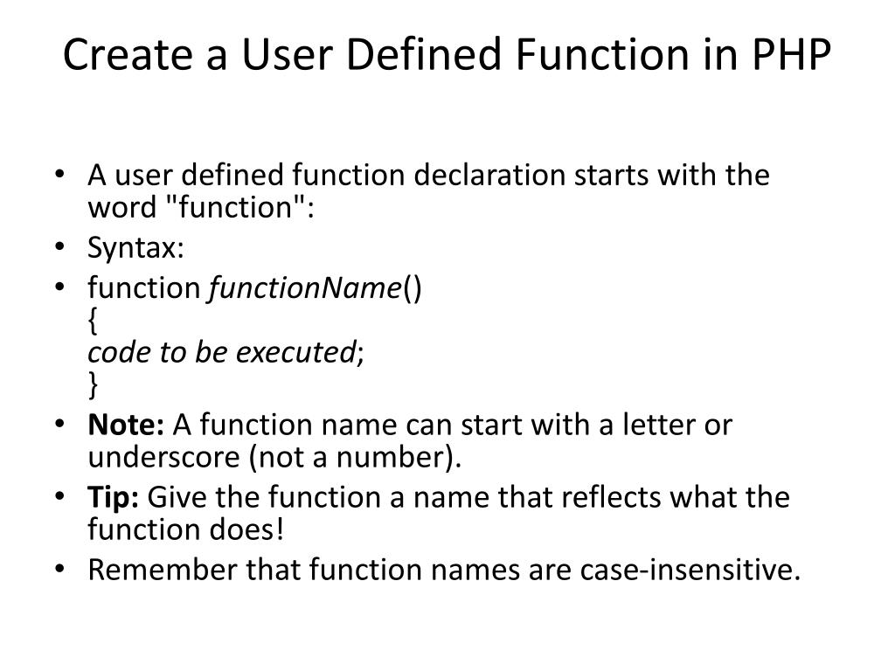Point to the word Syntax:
pyautogui.click(x=135, y=249)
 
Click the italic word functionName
pyautogui.click(x=304, y=287)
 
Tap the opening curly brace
pyautogui.click(x=93, y=320)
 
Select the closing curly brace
pyautogui.click(x=93, y=384)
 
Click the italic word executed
pyautogui.click(x=300, y=351)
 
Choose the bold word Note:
pyautogui.click(x=126, y=425)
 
